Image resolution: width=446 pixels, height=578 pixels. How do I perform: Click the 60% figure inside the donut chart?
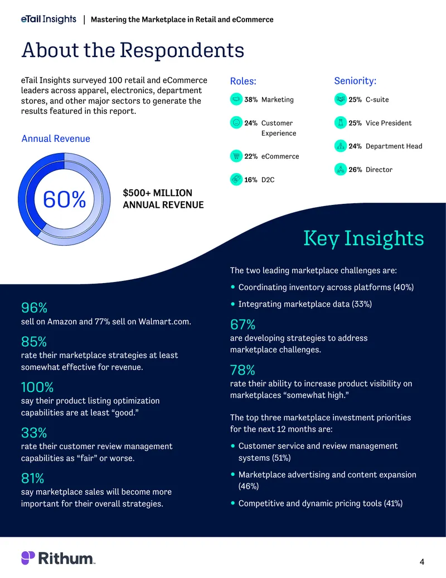coord(65,199)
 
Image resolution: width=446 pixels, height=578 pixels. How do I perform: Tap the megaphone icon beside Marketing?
coord(236,99)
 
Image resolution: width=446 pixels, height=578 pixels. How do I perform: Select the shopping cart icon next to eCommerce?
coord(236,156)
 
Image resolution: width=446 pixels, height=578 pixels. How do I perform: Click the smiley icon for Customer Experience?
coord(236,122)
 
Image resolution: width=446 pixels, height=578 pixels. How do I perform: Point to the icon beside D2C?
coord(236,179)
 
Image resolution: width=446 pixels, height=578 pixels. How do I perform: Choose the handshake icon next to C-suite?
coord(341,99)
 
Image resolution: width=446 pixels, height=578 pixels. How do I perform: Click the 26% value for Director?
coord(355,170)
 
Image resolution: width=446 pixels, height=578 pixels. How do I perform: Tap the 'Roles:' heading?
coord(243,81)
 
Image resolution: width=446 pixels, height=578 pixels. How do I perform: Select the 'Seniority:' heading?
coord(355,81)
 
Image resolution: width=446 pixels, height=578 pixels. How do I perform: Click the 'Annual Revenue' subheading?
coord(56,138)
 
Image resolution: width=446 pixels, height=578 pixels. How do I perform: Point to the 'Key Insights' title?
coord(363,238)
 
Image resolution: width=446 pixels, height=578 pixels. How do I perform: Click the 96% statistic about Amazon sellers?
coord(34,308)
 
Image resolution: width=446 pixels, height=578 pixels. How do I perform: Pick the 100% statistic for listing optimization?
coord(37,387)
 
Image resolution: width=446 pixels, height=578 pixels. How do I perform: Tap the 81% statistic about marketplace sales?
coord(32,478)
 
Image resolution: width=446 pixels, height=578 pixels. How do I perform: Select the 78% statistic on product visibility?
coord(243,370)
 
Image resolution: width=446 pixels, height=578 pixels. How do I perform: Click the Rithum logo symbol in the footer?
coord(28,558)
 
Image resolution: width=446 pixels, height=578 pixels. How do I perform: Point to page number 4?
coord(421,562)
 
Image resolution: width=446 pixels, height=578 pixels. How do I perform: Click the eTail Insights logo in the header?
coord(49,19)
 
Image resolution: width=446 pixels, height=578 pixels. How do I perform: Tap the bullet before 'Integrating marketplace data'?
coord(232,304)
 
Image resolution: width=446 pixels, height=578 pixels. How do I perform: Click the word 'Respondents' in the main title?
coord(182,50)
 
